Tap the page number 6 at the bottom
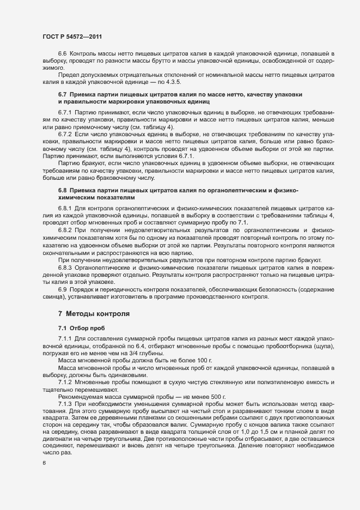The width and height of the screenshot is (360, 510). [44, 463]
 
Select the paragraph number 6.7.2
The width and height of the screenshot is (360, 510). [65, 133]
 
